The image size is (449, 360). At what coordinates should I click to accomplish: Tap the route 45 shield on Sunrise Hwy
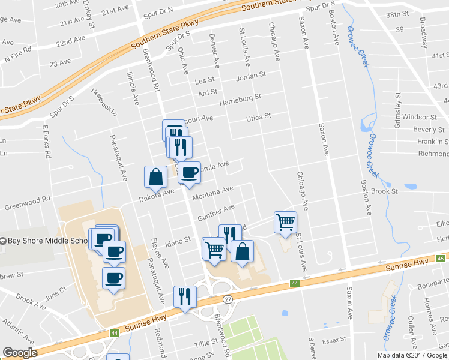(x=440, y=259)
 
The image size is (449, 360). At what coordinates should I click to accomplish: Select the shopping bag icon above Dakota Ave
(x=155, y=177)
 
